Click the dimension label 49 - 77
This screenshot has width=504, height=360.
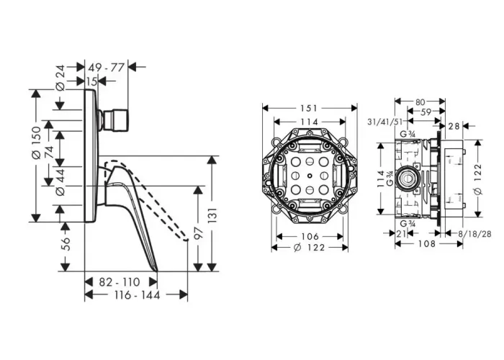106,68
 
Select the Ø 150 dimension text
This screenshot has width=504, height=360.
36,143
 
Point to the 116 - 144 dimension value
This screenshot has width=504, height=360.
137,294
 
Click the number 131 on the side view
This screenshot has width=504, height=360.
213,215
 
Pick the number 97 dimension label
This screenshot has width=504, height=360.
199,233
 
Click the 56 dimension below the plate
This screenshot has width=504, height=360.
66,244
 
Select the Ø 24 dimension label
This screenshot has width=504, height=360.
60,78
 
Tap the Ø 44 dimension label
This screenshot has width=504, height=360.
60,182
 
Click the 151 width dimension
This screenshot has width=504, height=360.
309,108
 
